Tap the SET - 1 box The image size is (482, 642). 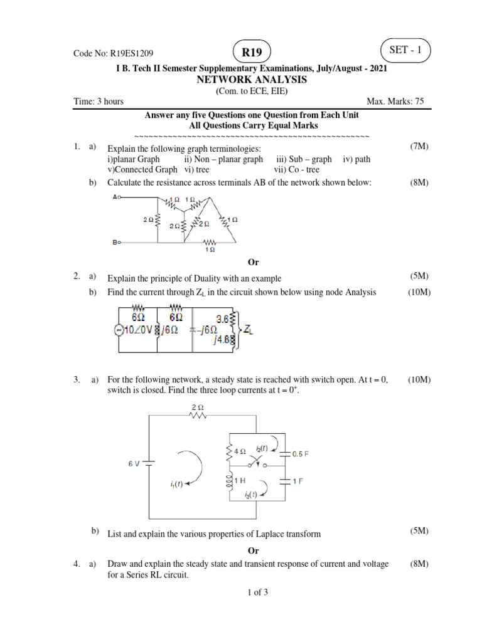point(405,50)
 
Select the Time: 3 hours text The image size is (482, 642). point(98,102)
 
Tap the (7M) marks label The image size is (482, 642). point(419,147)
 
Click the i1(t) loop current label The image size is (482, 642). point(176,484)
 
